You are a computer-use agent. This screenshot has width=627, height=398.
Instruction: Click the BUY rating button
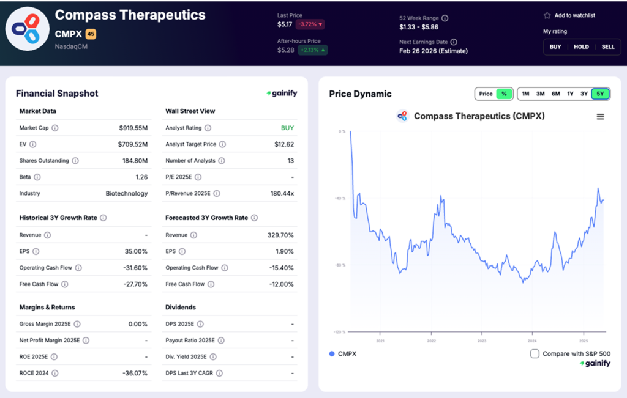tap(555, 46)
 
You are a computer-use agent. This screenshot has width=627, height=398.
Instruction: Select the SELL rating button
tap(607, 46)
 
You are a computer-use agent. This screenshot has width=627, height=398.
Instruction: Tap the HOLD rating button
tap(581, 46)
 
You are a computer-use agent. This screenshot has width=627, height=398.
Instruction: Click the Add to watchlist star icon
tap(547, 15)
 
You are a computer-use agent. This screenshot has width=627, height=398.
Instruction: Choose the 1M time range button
tap(525, 94)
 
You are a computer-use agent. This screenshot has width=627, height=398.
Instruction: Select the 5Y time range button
tap(600, 94)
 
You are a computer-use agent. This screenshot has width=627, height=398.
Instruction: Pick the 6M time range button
tap(555, 94)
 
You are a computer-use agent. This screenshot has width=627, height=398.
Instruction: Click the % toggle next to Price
tap(504, 94)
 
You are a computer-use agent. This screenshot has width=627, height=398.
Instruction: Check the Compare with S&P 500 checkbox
tap(535, 353)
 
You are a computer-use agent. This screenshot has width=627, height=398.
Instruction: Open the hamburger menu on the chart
tap(600, 116)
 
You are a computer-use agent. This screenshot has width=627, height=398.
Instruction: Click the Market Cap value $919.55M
tap(133, 128)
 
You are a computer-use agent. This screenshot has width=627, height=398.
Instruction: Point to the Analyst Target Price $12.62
tap(284, 144)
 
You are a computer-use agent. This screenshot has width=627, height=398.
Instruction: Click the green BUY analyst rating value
tap(287, 128)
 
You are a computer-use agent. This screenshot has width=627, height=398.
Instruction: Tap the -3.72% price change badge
tap(310, 24)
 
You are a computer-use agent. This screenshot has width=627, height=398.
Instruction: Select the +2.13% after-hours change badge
tap(312, 50)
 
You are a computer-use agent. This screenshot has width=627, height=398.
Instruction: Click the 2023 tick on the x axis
tap(482, 341)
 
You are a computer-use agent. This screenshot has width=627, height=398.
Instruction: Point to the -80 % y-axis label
tap(339, 265)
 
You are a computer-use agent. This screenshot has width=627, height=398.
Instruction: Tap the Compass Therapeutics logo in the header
tap(27, 29)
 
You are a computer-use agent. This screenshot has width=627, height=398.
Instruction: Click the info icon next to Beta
tap(37, 177)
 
